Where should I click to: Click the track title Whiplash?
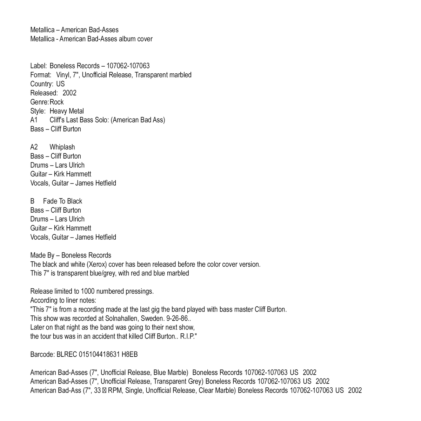pos(62,147)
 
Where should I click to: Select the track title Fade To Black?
pos(62,201)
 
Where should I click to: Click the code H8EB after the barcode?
pos(129,354)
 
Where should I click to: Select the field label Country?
pos(42,84)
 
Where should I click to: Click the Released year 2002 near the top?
pos(69,93)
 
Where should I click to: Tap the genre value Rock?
pos(57,102)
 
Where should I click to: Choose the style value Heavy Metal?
pos(67,111)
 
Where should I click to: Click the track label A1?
pos(34,120)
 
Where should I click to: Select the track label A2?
pos(34,147)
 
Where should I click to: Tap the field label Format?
pos(41,75)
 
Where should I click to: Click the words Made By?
pos(42,255)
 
